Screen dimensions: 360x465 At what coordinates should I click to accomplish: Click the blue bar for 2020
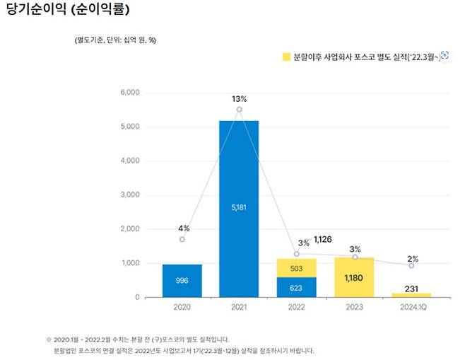(182, 281)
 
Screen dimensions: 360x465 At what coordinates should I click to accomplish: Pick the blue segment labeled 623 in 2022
(296, 287)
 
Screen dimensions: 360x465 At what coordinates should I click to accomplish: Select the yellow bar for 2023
(353, 277)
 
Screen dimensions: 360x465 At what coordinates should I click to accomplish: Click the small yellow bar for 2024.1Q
(411, 295)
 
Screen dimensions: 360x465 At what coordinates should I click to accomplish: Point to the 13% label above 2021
(239, 98)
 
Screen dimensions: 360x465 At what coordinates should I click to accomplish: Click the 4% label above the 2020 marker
(182, 228)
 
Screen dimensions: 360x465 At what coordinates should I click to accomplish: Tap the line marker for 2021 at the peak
(239, 110)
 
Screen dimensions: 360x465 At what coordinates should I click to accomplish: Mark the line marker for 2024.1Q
(411, 265)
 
